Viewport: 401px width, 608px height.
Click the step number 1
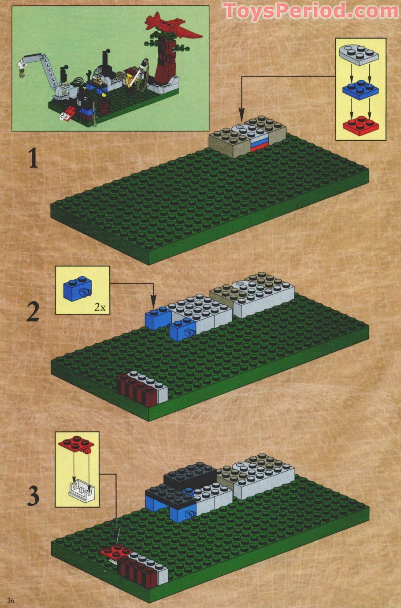tap(33, 158)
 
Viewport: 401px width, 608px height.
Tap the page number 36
tap(11, 600)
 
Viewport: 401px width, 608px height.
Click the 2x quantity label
tap(100, 307)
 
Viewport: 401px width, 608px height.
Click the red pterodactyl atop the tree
tap(172, 25)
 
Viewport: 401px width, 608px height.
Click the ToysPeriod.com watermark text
tap(311, 11)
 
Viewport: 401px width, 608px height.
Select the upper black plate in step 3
tap(190, 475)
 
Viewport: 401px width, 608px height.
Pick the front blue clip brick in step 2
tap(183, 329)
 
